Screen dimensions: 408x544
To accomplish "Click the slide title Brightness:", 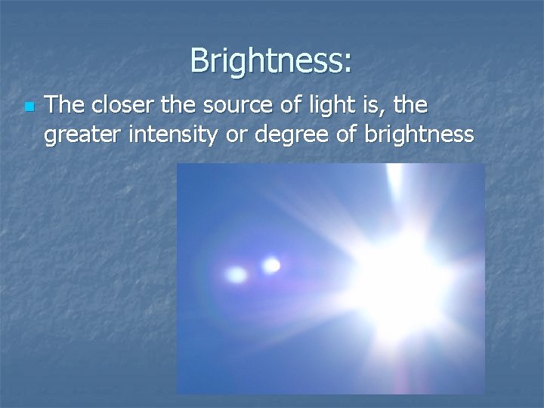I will click(270, 60).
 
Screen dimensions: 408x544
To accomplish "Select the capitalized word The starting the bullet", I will click(64, 107).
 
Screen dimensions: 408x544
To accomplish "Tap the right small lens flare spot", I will click(270, 265).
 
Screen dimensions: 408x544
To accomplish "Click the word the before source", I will click(175, 107).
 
